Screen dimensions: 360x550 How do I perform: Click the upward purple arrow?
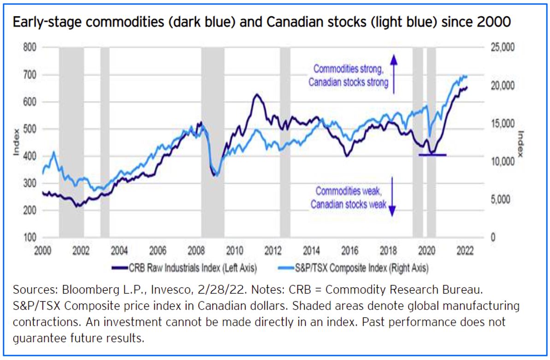tap(393, 74)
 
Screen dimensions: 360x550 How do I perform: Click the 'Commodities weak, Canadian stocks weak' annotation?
tap(348, 197)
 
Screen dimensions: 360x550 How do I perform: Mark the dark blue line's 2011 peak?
tap(256, 95)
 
